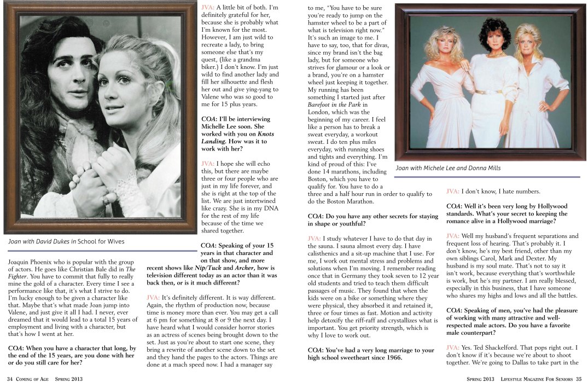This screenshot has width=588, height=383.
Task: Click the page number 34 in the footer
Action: (10, 378)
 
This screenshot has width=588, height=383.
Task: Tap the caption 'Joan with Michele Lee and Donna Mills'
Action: (448, 168)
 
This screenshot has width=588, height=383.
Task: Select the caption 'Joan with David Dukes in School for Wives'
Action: (66, 241)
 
